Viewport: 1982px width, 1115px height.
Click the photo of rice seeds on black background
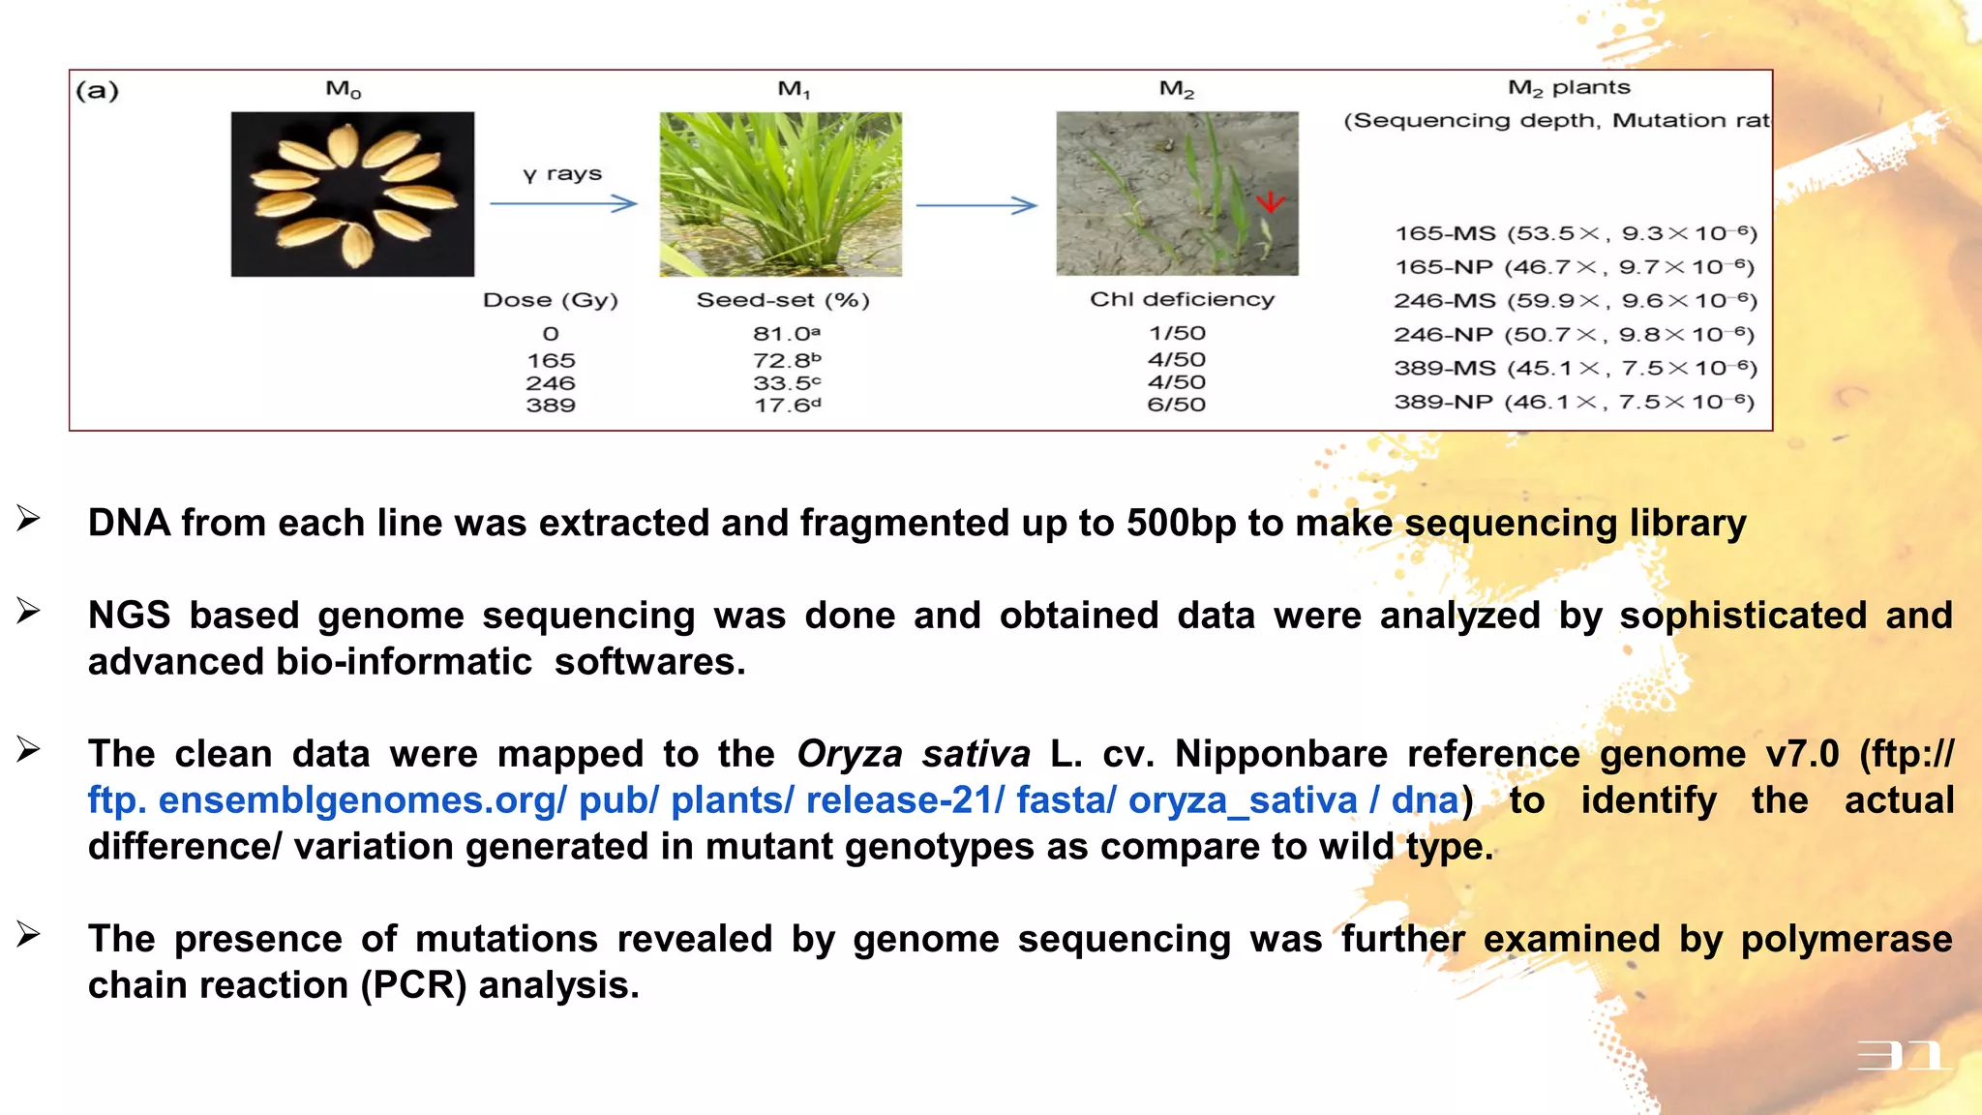tap(352, 194)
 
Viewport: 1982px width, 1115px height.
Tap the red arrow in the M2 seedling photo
tap(1270, 201)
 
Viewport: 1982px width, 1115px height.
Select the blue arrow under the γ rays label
tap(563, 203)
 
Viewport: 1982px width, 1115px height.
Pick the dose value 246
tap(551, 383)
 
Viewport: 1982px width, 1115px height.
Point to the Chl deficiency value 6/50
tap(1177, 405)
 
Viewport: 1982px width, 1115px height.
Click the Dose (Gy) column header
tap(551, 300)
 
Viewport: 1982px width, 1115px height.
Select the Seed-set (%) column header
tap(783, 300)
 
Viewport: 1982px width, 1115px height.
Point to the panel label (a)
tap(98, 91)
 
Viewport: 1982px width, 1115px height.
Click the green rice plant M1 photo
tap(780, 194)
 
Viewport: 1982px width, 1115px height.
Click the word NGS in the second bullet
tap(129, 616)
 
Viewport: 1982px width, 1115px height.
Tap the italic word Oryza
tap(850, 754)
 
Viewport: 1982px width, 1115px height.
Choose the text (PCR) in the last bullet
tap(413, 985)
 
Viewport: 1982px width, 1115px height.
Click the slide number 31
tap(1903, 1055)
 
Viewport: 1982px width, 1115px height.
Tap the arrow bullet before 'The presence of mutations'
tap(28, 935)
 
